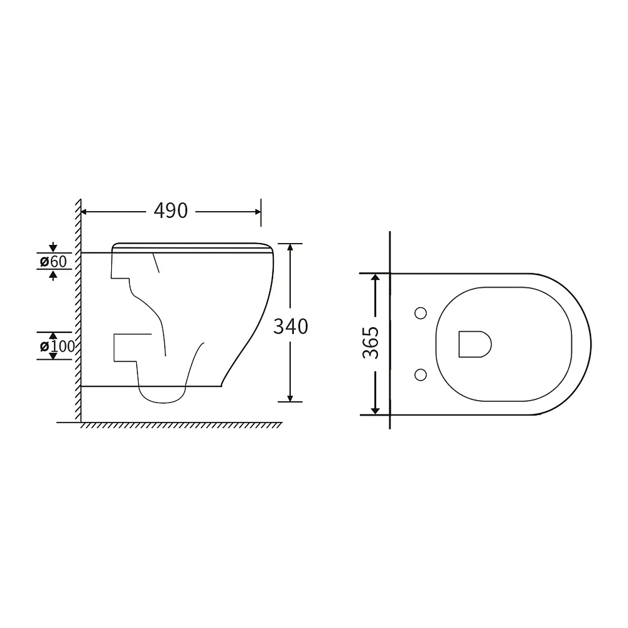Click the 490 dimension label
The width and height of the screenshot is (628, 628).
point(171,210)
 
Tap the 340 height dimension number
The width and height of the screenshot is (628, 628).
point(291,327)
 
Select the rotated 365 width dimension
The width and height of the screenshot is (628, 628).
point(371,342)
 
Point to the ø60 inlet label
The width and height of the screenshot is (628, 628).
point(53,261)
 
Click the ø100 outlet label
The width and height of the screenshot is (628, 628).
point(58,346)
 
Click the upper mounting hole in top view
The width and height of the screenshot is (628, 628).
point(421,313)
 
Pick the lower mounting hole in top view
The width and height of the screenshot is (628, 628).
point(421,374)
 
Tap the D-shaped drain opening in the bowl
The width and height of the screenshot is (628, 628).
point(475,344)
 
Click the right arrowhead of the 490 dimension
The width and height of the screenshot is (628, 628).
point(257,212)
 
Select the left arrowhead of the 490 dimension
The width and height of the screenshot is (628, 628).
point(85,212)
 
